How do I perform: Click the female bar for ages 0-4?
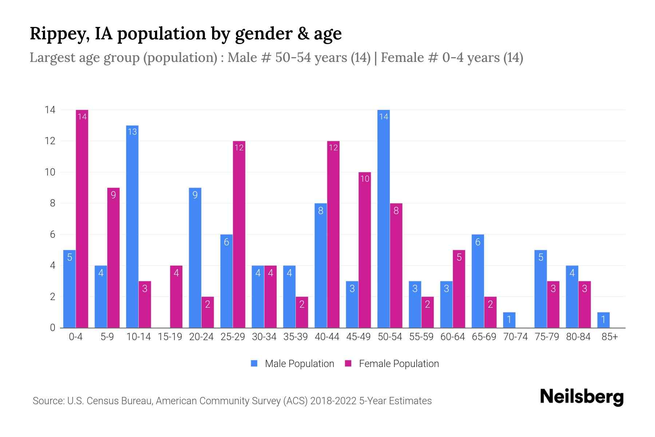point(82,219)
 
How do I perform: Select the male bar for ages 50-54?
point(384,219)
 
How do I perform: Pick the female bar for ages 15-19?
point(176,297)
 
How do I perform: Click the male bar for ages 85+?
point(603,320)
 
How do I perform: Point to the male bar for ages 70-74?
point(509,320)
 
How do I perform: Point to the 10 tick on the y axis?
point(50,172)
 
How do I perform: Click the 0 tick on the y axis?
point(52,328)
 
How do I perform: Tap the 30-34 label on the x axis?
point(264,337)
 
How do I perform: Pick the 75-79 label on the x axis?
point(547,337)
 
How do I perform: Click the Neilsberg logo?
point(581,397)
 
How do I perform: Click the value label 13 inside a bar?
point(132,131)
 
